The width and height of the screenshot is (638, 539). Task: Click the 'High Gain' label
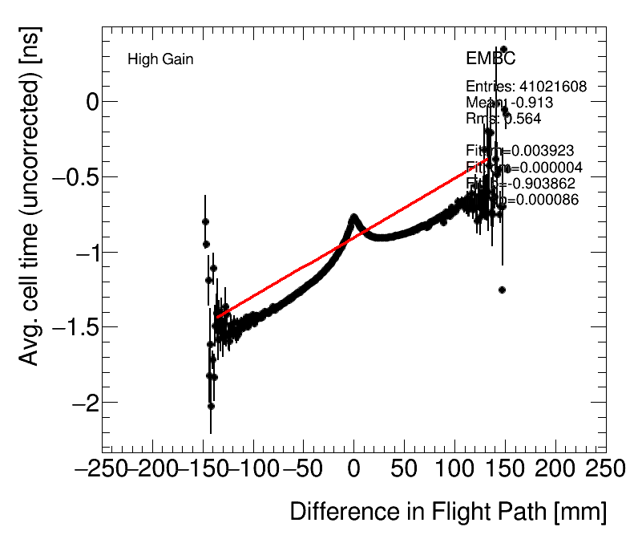[160, 59]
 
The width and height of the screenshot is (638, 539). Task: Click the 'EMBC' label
[491, 59]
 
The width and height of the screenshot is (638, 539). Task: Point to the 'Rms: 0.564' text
[503, 119]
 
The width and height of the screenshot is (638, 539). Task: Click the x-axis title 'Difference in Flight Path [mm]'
[447, 512]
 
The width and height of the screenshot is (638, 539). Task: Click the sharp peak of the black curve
[353, 217]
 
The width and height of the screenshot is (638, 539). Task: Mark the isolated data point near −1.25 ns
[502, 290]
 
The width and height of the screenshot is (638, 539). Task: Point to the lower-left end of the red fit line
[216, 318]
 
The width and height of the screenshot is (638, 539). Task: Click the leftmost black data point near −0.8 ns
[205, 221]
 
